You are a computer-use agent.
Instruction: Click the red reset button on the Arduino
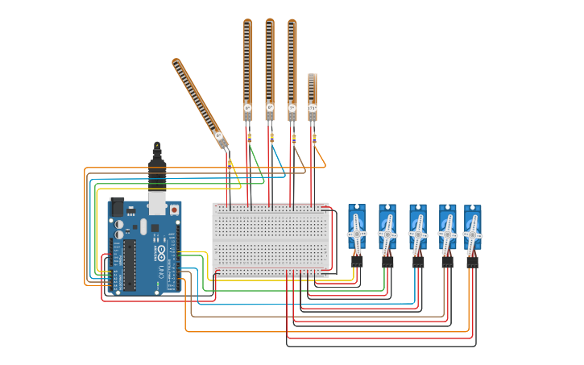point(174,209)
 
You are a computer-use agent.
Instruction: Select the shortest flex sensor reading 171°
point(313,96)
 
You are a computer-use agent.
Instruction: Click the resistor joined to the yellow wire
point(230,164)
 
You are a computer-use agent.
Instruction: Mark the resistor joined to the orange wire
point(314,139)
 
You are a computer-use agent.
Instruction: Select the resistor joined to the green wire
point(249,138)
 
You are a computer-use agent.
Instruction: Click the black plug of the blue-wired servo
point(418,261)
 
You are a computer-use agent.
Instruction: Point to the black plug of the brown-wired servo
point(447,261)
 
